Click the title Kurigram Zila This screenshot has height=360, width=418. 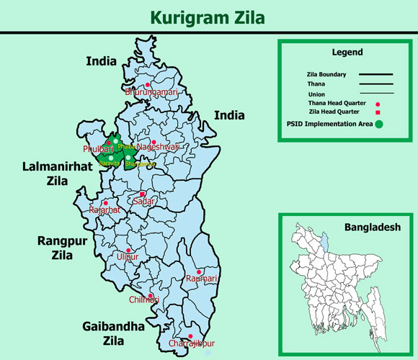tap(208, 17)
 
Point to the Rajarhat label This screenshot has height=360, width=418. tap(104, 210)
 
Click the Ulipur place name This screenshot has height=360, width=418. tap(127, 256)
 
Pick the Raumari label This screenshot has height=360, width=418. tap(201, 279)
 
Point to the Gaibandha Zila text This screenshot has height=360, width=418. tap(112, 333)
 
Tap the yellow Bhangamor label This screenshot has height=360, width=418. tap(140, 164)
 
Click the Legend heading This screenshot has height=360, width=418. tap(347, 53)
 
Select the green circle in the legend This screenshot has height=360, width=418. tap(379, 125)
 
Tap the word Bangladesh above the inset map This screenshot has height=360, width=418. tap(371, 227)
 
